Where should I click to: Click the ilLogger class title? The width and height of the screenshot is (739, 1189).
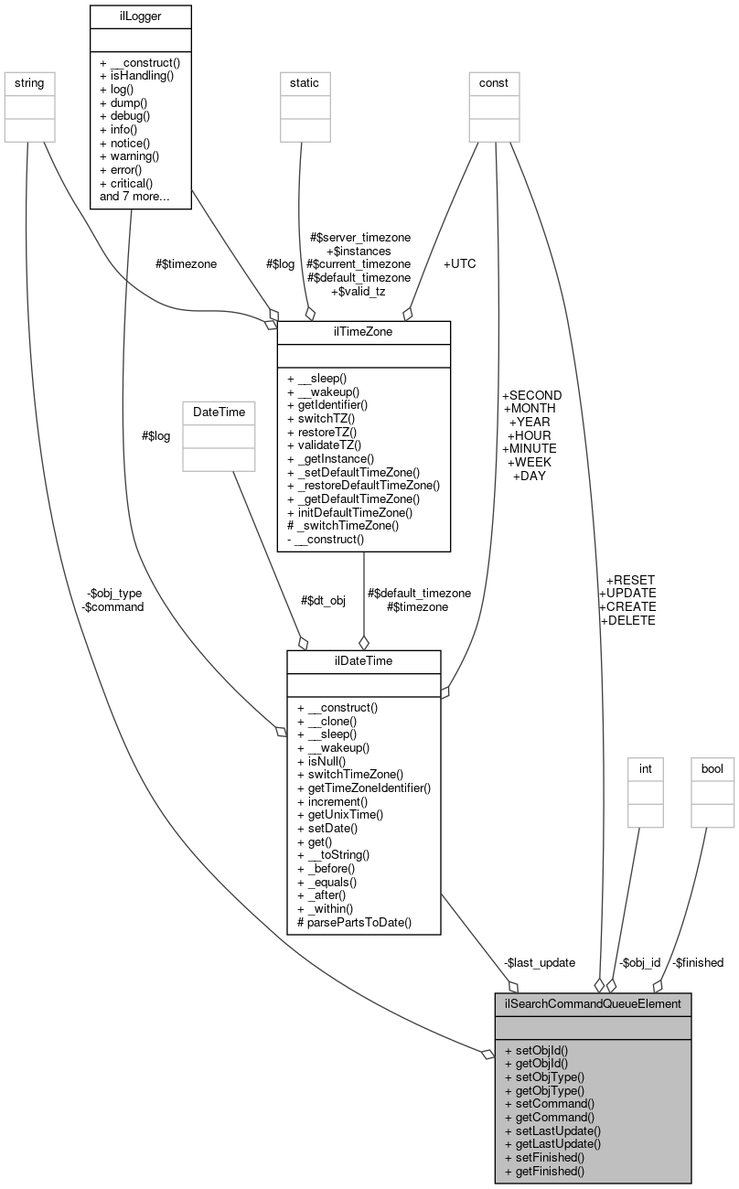140,16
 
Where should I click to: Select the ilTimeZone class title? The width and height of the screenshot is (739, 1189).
363,332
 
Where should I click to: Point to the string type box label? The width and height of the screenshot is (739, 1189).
26,83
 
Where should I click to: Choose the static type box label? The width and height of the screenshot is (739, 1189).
304,83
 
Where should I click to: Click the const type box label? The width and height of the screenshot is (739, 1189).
494,83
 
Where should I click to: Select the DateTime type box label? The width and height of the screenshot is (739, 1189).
219,412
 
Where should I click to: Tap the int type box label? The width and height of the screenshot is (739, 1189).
645,769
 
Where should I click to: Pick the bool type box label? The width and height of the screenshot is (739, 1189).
712,769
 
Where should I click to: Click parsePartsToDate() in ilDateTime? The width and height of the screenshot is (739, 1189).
355,923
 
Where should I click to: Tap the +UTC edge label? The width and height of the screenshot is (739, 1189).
459,263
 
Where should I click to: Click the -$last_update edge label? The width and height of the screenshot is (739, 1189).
539,962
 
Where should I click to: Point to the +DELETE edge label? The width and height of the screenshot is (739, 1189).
627,620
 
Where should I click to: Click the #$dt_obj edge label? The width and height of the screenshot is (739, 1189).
323,601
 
